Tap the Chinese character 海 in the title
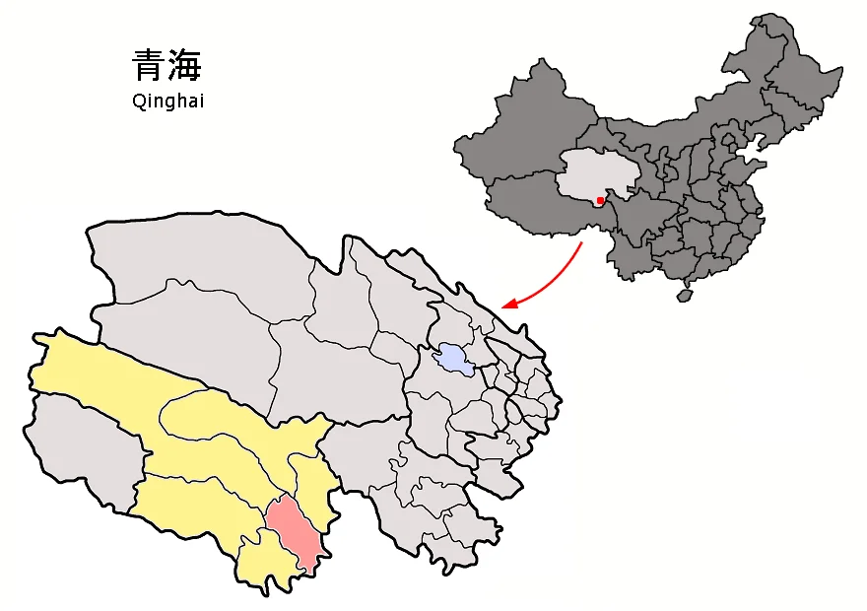tap(185, 66)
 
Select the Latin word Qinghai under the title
tap(167, 101)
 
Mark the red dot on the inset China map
tap(600, 201)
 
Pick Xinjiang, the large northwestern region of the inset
tap(522, 128)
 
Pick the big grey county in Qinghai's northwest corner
tap(187, 266)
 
